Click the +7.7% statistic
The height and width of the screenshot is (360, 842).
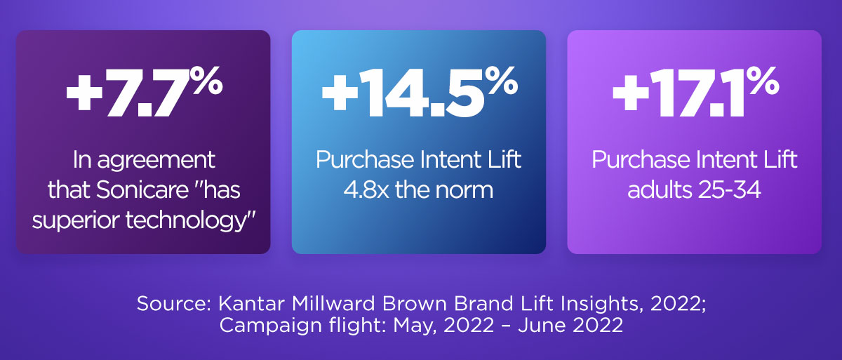click(x=145, y=92)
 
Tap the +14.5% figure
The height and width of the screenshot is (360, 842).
click(x=420, y=92)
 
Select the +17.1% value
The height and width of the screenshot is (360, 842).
click(x=696, y=92)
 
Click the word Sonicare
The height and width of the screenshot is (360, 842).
click(x=142, y=189)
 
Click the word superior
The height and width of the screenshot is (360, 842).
click(x=76, y=221)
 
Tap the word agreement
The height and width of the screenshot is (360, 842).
click(x=156, y=161)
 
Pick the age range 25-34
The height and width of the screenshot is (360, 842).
click(x=729, y=189)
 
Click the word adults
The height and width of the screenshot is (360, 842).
click(x=660, y=189)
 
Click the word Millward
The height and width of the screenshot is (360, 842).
click(x=333, y=303)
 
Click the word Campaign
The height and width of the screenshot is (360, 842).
click(x=270, y=326)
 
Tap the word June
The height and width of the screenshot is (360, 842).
click(x=540, y=325)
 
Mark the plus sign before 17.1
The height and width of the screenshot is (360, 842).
click(x=631, y=93)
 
